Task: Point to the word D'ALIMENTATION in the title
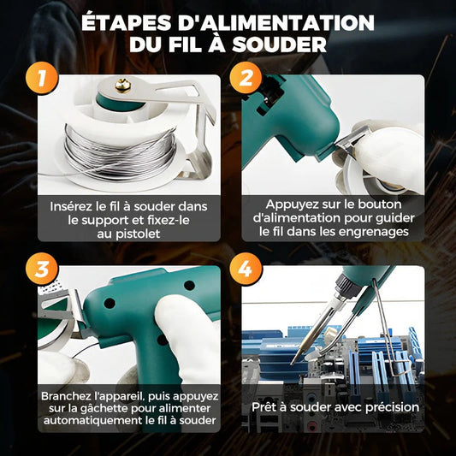275,22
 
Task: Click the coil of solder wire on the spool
119,141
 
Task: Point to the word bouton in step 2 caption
394,205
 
